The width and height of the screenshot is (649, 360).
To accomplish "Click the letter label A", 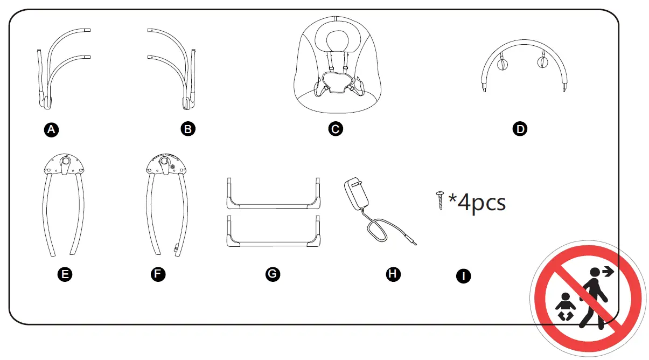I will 52,129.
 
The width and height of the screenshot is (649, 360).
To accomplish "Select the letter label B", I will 188,129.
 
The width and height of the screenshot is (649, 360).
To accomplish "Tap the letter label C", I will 336,129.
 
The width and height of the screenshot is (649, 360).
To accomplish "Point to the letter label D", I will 520,129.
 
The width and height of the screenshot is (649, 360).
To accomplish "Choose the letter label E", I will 65,274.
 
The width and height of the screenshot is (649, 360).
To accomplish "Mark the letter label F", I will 158,274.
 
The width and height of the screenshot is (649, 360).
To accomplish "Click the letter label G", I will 273,274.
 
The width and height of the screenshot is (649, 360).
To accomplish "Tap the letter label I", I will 463,276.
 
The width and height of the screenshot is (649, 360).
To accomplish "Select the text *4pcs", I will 477,203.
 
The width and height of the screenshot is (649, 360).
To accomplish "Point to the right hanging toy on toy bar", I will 542,63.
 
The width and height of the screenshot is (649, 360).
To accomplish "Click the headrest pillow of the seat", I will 336,39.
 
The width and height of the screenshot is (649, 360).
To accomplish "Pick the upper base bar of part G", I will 273,205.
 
